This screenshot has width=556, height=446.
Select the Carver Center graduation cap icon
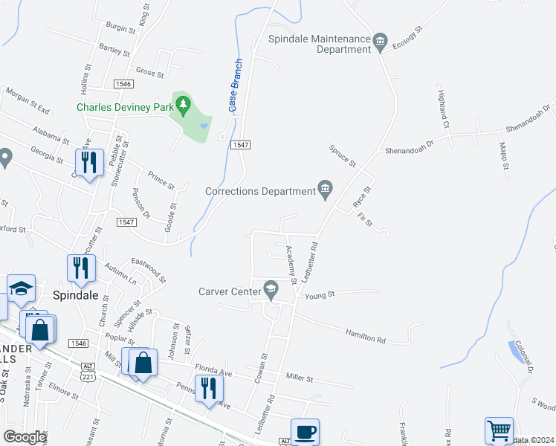[x=271, y=290]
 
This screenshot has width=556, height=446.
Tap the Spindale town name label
[x=77, y=294]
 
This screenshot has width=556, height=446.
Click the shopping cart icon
[x=498, y=431]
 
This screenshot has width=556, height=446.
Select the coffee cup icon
[x=304, y=432]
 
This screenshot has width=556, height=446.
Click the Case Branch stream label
[x=235, y=85]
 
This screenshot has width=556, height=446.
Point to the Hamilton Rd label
[x=366, y=337]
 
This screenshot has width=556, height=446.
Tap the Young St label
[x=320, y=294]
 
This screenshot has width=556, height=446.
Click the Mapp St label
[x=503, y=155]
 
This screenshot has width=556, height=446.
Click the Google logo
[x=25, y=437]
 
